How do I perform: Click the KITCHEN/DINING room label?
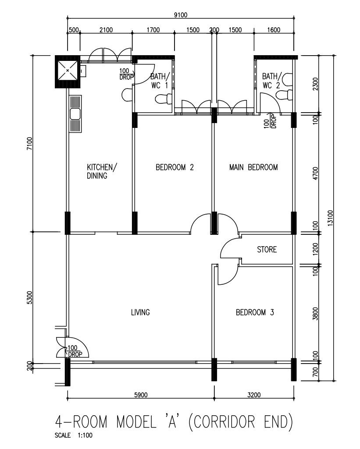[102, 172]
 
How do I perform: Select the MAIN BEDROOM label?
[253, 167]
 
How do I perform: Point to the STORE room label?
[267, 250]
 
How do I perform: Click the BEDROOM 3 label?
[255, 312]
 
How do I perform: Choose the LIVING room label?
[140, 312]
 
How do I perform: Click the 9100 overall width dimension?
[180, 14]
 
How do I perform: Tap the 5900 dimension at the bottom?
[140, 395]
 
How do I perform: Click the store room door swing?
[229, 249]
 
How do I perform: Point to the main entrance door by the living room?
[75, 346]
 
